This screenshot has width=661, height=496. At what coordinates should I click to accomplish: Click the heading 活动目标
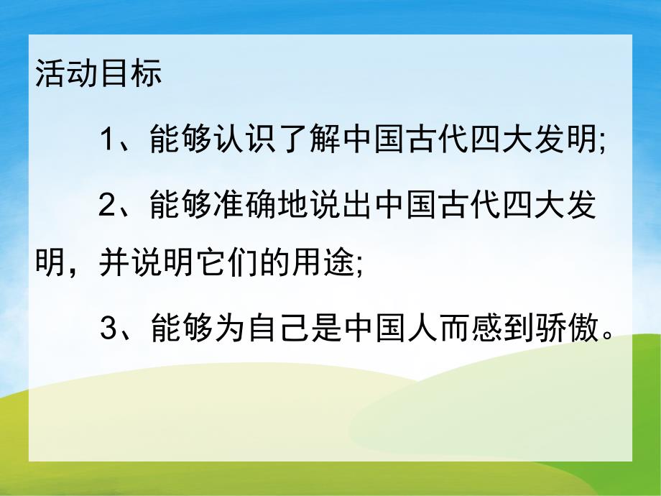point(98,75)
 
